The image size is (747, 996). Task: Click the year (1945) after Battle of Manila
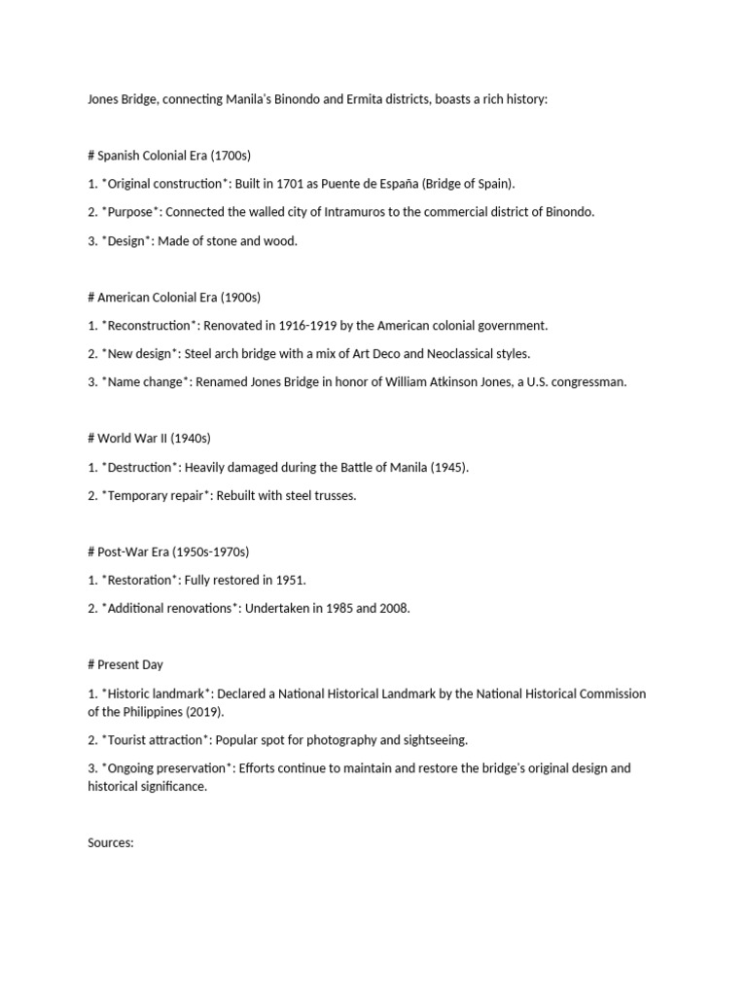447,467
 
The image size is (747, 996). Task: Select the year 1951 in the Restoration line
289,580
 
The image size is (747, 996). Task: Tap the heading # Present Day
125,664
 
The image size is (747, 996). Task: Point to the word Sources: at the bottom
110,843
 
